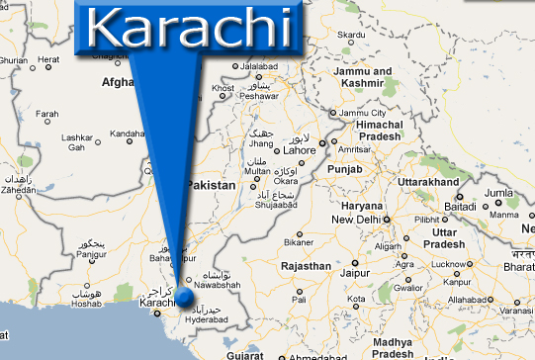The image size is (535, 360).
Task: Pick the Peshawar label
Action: click(259, 97)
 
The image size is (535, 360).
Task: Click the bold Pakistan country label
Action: click(212, 185)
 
